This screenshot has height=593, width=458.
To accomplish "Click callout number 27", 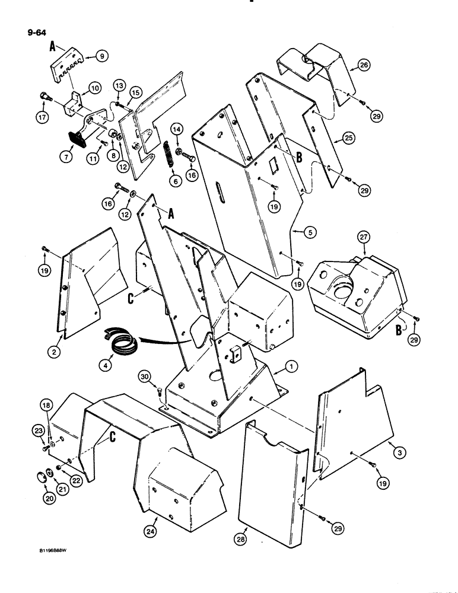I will [x=346, y=238].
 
